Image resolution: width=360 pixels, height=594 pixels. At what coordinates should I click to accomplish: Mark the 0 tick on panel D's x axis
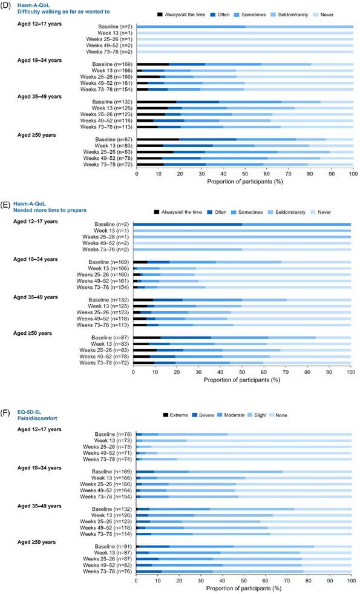137,174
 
